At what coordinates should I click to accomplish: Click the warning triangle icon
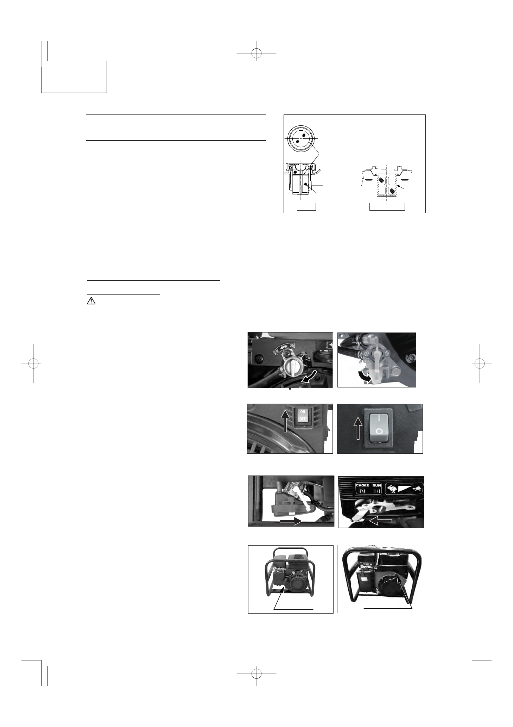pos(91,301)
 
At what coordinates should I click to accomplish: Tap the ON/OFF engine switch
pos(303,416)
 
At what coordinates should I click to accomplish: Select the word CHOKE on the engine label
pos(362,485)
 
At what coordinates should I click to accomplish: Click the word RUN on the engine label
pos(377,485)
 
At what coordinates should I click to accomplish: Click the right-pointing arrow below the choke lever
pos(291,521)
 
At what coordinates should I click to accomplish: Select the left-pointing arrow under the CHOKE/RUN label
pos(380,520)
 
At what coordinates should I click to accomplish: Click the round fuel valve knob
pos(291,366)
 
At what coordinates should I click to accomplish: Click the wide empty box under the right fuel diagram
pos(387,207)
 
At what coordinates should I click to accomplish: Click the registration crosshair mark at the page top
pos(256,53)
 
